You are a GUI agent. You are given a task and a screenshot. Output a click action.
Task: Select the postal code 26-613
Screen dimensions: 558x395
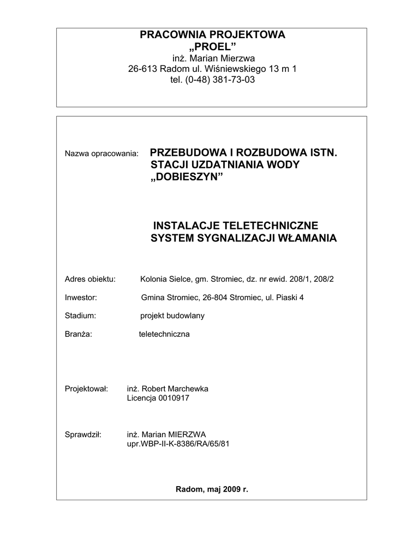pyautogui.click(x=140, y=69)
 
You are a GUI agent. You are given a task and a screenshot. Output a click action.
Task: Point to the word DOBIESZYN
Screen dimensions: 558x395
pyautogui.click(x=187, y=178)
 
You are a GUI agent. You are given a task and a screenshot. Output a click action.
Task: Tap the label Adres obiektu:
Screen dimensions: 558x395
pyautogui.click(x=90, y=279)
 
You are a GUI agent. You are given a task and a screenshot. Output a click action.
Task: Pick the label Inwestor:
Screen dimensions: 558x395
pyautogui.click(x=81, y=298)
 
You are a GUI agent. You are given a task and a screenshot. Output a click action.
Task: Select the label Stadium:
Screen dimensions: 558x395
pyautogui.click(x=80, y=316)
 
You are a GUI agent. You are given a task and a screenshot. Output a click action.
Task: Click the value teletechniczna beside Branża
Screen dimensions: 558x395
pyautogui.click(x=164, y=334)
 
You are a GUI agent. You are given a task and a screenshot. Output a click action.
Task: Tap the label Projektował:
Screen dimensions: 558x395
pyautogui.click(x=87, y=389)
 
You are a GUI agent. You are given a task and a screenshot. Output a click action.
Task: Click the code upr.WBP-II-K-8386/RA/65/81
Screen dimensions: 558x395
pyautogui.click(x=178, y=444)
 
